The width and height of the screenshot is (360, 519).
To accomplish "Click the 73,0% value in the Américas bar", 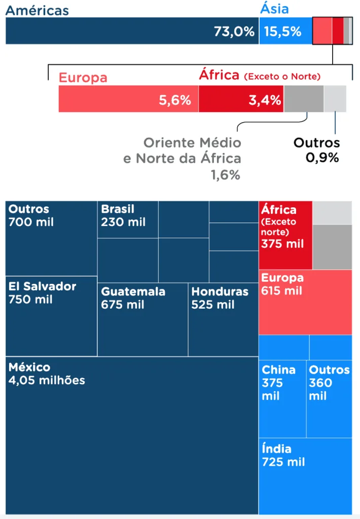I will (234, 31).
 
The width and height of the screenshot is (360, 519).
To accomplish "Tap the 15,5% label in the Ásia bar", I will (282, 31).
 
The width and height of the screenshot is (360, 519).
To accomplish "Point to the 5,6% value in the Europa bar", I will (175, 100).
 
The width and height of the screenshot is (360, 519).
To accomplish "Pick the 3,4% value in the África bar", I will (265, 100).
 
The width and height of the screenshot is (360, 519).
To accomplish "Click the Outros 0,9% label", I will (317, 150).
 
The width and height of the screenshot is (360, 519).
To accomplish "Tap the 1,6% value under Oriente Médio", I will (226, 175).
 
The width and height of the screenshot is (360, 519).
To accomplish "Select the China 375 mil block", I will (282, 398).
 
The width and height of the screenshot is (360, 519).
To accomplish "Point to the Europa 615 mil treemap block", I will (305, 302).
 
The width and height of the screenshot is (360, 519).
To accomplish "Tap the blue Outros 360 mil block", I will (329, 398).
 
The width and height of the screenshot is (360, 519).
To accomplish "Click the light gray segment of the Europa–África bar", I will (335, 99).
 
